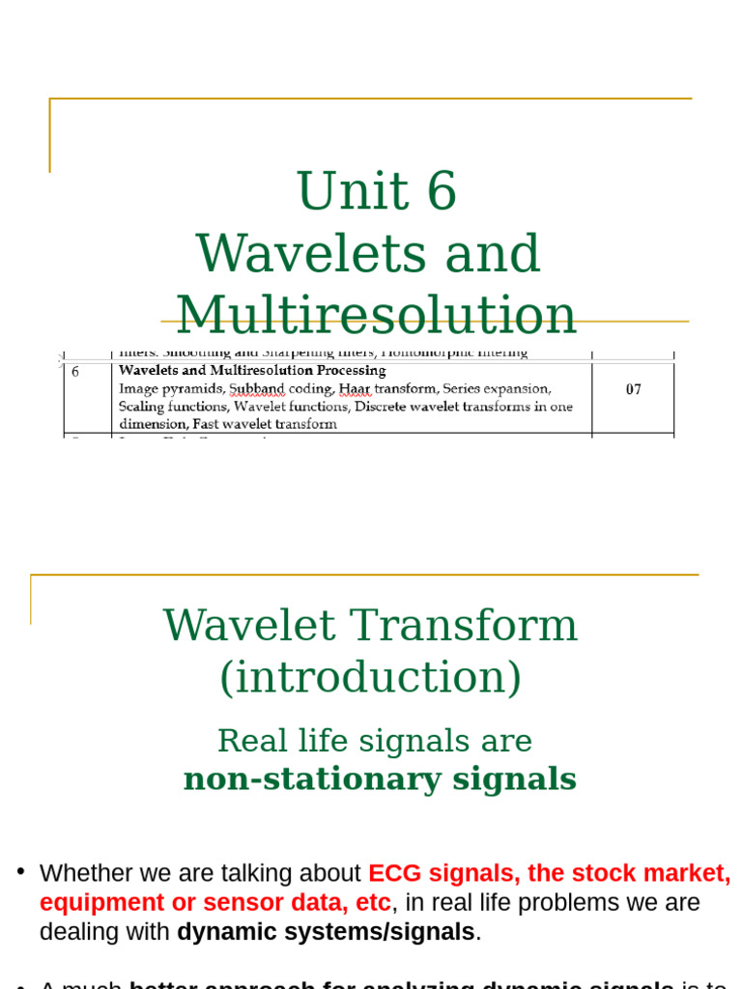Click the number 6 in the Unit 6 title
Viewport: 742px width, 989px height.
[x=441, y=191]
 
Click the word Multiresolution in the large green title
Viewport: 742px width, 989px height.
[x=376, y=315]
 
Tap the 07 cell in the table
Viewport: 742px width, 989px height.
[x=633, y=389]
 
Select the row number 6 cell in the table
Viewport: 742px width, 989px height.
[x=76, y=371]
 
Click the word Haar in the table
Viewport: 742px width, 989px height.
[x=356, y=388]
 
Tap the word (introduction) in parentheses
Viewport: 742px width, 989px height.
[x=370, y=677]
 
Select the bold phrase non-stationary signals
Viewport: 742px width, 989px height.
[x=380, y=778]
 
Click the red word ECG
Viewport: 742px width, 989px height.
[x=397, y=873]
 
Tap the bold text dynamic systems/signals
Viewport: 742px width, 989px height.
[x=326, y=932]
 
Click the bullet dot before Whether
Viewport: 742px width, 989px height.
[x=20, y=871]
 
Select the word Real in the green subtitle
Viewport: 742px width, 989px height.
[x=243, y=741]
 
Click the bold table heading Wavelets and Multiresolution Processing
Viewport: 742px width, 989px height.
[x=252, y=371]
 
